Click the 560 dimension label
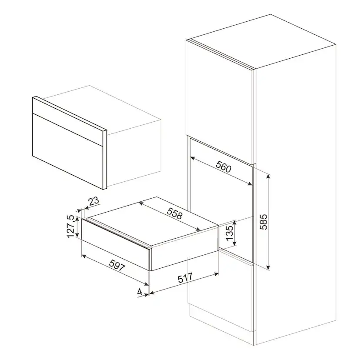tap(223, 167)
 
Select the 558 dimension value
tap(174, 213)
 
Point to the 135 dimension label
tap(230, 232)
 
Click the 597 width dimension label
tap(117, 265)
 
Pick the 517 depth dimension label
tap(185, 278)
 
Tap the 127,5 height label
tap(70, 227)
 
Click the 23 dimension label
tap(94, 201)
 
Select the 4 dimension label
tap(140, 292)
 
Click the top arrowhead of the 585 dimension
tap(268, 177)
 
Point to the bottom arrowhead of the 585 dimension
tap(268, 267)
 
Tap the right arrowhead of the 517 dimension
tap(216, 273)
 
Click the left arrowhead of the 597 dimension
tap(84, 256)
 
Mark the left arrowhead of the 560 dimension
tap(193, 158)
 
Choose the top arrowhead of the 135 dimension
tap(234, 222)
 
